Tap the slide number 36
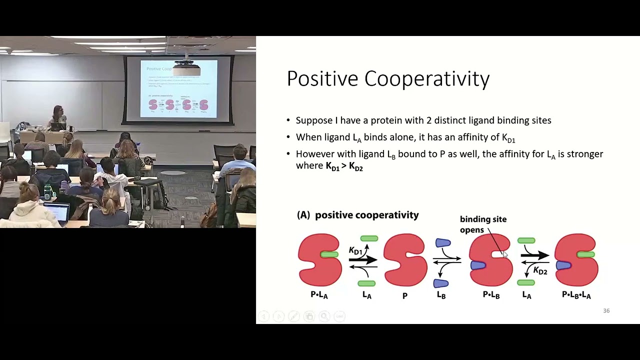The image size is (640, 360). pyautogui.click(x=606, y=311)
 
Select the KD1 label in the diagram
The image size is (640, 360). pyautogui.click(x=355, y=251)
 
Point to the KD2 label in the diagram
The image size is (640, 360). pyautogui.click(x=540, y=271)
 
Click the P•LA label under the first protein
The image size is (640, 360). pyautogui.click(x=319, y=295)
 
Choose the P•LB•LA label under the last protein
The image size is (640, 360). pyautogui.click(x=576, y=295)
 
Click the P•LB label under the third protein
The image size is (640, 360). pyautogui.click(x=491, y=295)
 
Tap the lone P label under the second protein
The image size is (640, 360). pyautogui.click(x=404, y=295)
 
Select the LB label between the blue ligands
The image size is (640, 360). pyautogui.click(x=441, y=295)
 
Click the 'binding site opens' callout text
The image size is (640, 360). pyautogui.click(x=482, y=224)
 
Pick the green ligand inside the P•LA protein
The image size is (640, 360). pyautogui.click(x=329, y=254)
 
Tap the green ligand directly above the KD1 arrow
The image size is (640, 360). pyautogui.click(x=369, y=239)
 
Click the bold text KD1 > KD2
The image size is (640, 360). pyautogui.click(x=344, y=166)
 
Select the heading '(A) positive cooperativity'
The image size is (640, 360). pyautogui.click(x=357, y=215)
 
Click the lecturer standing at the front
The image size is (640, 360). pyautogui.click(x=58, y=116)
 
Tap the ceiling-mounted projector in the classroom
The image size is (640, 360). pyautogui.click(x=186, y=67)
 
